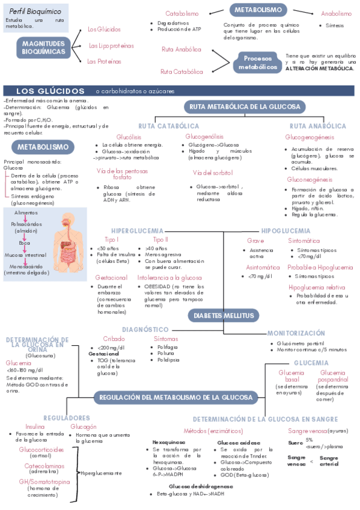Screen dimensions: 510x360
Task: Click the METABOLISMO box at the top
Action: click(x=257, y=10)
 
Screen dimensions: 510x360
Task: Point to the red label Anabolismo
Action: click(x=336, y=13)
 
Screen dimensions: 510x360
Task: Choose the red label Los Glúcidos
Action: click(x=104, y=29)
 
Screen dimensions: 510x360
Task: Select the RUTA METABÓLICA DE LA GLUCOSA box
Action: click(x=245, y=106)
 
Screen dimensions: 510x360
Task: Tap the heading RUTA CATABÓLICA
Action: click(x=169, y=126)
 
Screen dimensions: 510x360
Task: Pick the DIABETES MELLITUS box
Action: click(x=223, y=316)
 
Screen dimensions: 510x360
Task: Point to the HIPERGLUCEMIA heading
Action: click(x=137, y=231)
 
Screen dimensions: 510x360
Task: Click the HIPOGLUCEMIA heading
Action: click(x=285, y=231)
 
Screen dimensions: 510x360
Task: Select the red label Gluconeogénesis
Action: click(x=310, y=180)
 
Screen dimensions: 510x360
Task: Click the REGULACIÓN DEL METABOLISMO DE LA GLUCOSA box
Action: click(x=175, y=398)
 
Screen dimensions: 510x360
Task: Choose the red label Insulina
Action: click(x=35, y=426)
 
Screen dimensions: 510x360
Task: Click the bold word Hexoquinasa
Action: click(x=169, y=441)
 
